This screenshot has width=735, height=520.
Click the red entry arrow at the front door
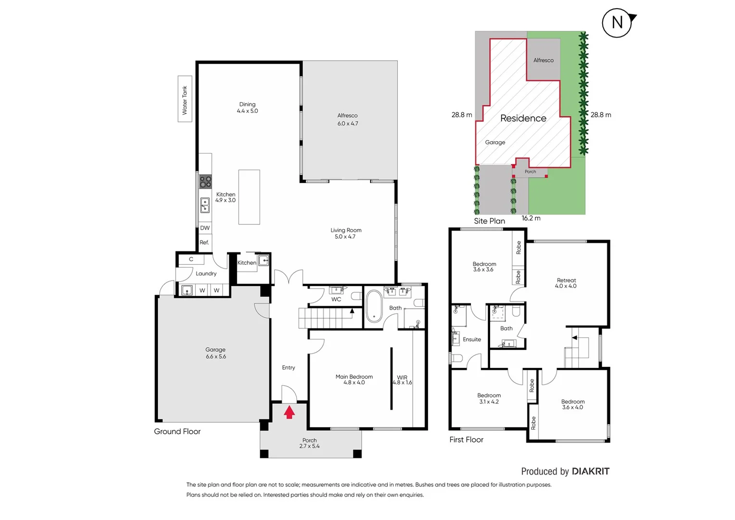(289, 412)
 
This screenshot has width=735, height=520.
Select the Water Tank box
(185, 99)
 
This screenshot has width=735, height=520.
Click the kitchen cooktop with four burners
(205, 182)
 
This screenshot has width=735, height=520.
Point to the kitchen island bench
(249, 197)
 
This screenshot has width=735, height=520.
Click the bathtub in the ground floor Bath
(374, 306)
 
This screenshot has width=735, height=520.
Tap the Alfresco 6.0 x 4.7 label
(347, 119)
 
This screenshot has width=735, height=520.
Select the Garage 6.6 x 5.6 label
(215, 353)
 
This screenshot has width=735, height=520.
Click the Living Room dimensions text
(345, 236)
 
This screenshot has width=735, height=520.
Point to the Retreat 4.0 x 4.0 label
(566, 283)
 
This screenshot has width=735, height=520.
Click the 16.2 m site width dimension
(531, 218)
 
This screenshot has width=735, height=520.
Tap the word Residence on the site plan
(523, 118)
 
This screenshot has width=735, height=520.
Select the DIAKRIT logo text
(590, 471)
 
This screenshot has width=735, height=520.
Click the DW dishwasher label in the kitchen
(205, 228)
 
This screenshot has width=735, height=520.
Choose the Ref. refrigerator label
(204, 243)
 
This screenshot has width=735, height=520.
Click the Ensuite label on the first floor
(471, 339)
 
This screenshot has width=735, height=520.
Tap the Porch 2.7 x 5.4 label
(309, 443)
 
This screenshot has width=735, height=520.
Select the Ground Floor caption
(177, 431)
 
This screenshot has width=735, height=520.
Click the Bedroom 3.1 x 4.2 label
(489, 398)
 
